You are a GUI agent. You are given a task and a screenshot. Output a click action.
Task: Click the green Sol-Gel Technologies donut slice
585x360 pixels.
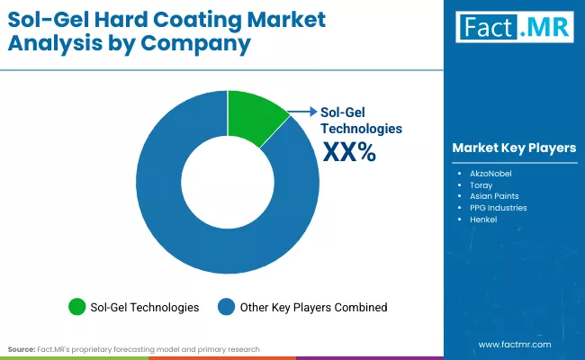[x=254, y=114]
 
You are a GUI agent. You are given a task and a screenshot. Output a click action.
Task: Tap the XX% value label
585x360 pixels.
[x=348, y=153]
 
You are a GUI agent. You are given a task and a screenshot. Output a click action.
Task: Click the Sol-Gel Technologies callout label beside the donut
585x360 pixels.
[x=361, y=121]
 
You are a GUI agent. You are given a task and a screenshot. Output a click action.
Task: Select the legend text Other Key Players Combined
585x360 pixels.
[x=313, y=307]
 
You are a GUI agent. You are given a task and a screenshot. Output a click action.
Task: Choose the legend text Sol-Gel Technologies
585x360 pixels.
[x=145, y=307]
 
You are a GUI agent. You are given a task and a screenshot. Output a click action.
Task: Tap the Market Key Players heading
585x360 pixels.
[x=514, y=148]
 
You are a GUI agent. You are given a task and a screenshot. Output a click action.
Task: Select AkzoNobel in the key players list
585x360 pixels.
[x=490, y=171]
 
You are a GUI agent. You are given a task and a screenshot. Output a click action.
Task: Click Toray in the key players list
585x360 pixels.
[x=481, y=183]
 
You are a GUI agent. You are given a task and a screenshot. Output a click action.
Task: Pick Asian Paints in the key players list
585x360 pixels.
[x=493, y=195]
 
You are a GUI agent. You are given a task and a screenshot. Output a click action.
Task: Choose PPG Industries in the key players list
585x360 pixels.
[x=498, y=207]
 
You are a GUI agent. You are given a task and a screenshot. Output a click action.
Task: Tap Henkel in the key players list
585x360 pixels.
[x=483, y=220]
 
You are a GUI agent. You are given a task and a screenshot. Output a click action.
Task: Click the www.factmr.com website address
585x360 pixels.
[x=514, y=344]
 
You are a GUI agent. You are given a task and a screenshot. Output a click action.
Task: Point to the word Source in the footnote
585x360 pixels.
[x=22, y=348]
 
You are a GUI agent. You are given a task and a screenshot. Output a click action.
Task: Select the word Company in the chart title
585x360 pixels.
[x=203, y=42]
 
